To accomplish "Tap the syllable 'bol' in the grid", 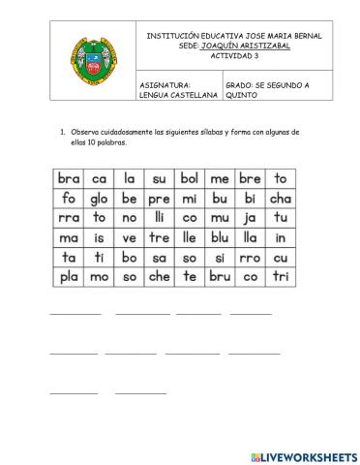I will click(189, 178).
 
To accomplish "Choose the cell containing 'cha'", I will click(281, 199).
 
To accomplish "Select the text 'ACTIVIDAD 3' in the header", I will click(235, 55).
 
